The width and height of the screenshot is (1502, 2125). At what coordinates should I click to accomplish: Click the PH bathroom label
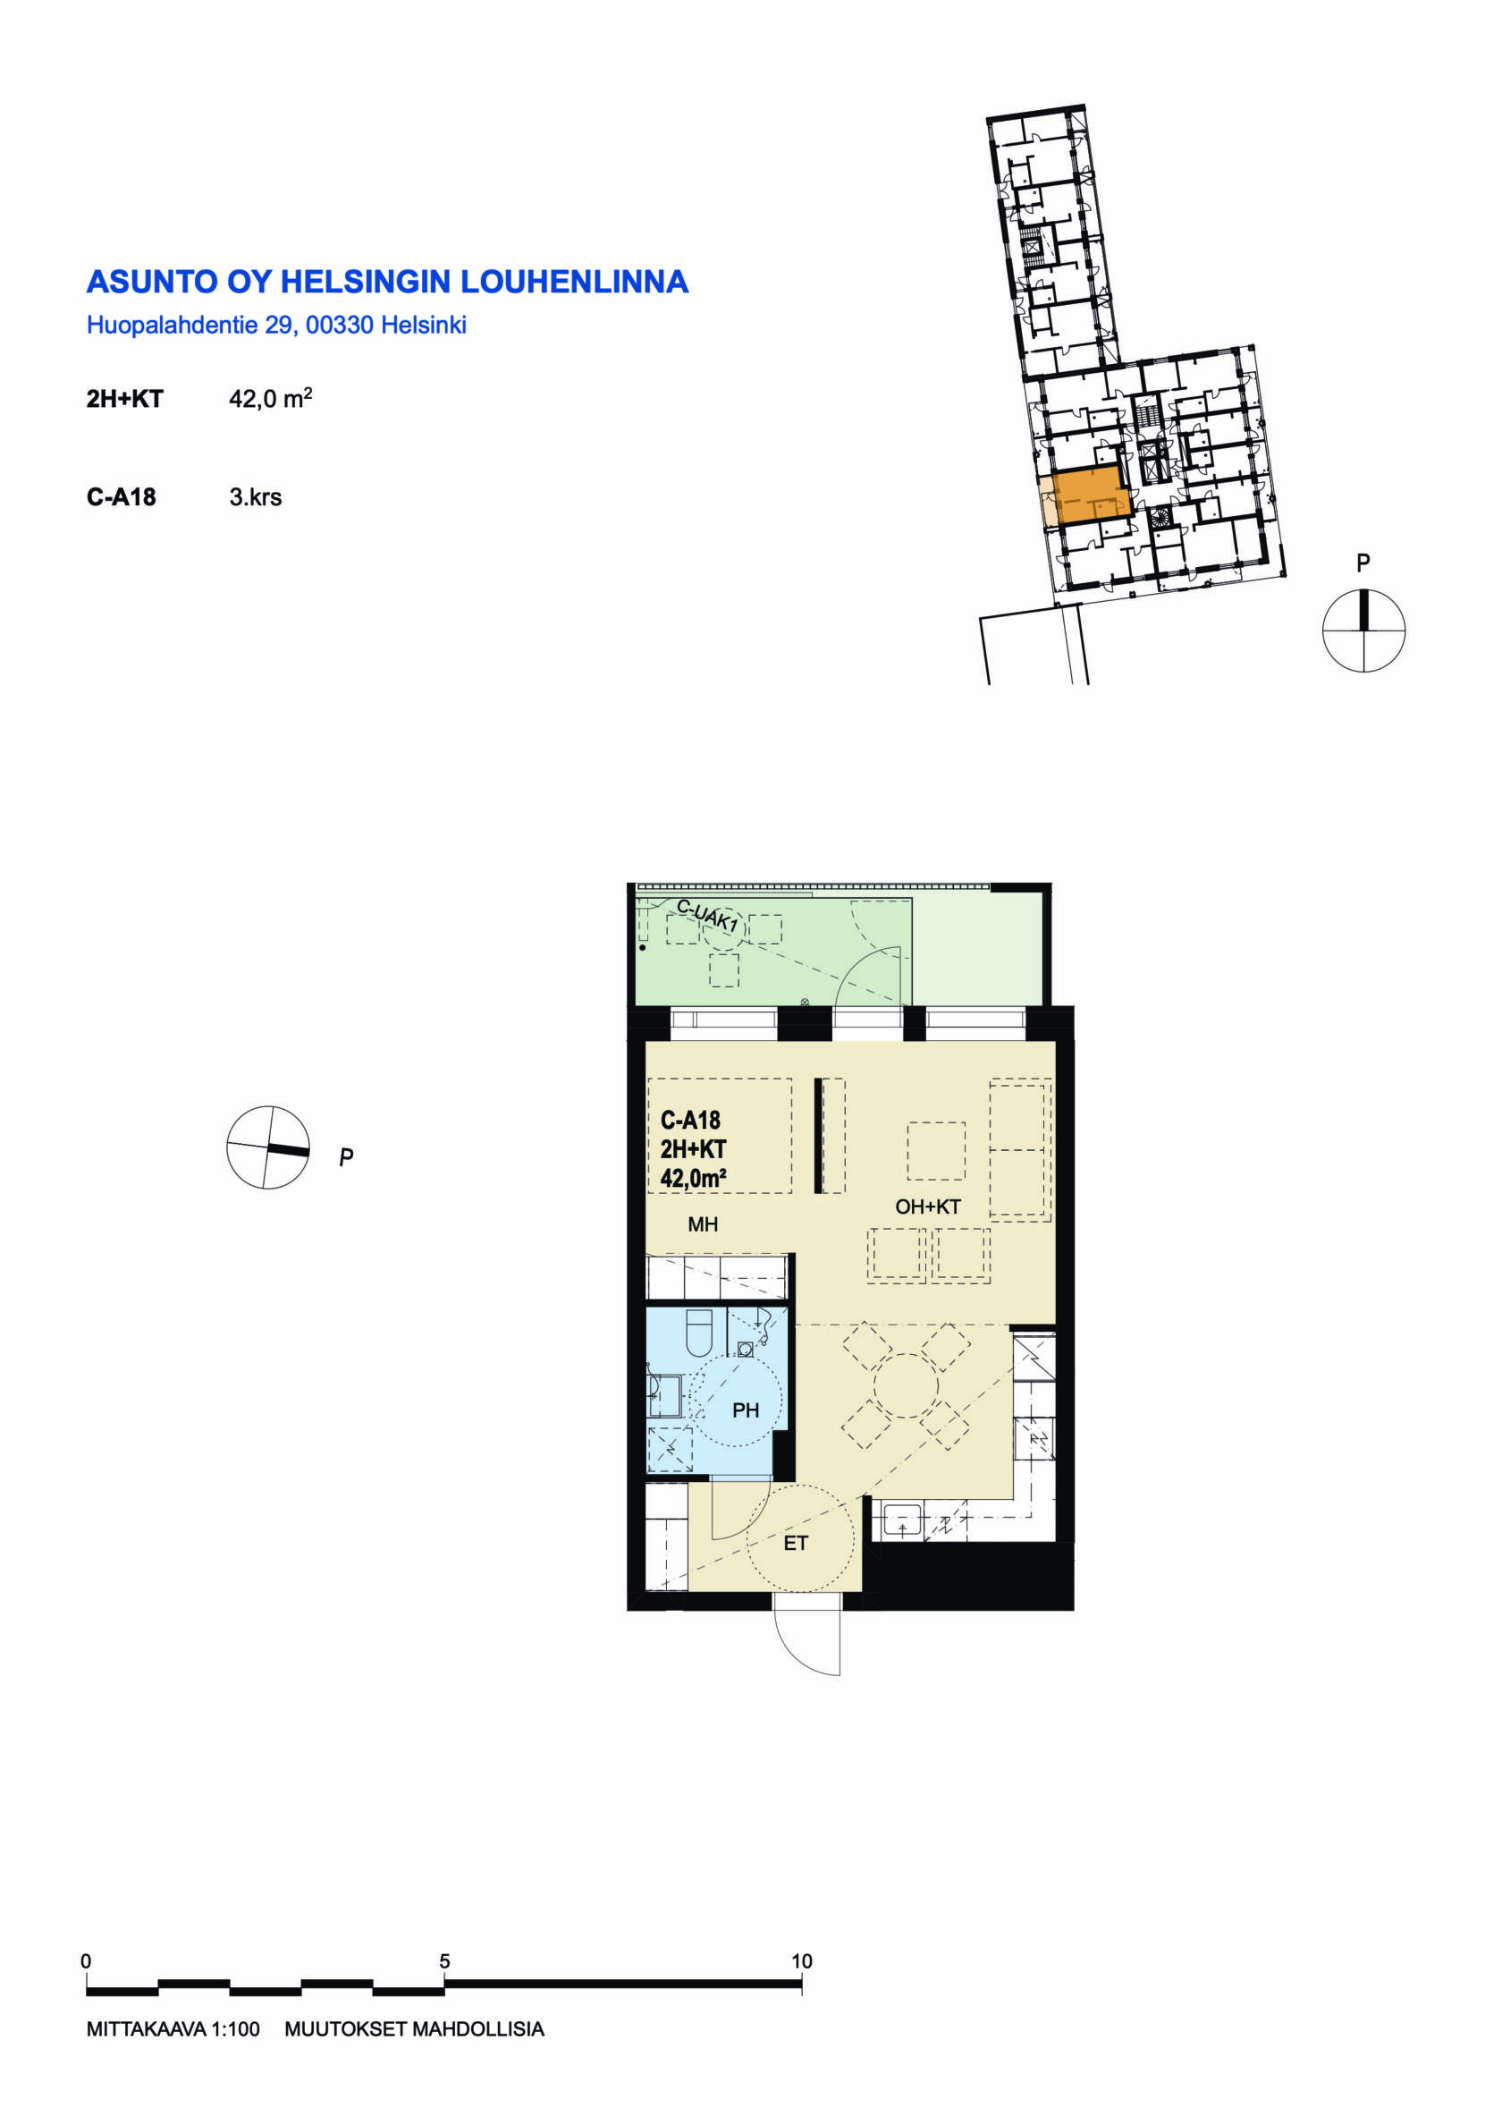[745, 1410]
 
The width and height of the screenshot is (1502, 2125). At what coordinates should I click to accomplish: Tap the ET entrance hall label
[796, 1543]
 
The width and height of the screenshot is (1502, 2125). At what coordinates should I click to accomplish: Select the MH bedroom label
[703, 1224]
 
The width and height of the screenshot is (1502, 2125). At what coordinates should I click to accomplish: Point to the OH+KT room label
[927, 1206]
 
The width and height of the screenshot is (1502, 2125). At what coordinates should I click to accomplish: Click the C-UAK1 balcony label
[707, 915]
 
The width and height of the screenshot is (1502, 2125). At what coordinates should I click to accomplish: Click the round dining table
[905, 1385]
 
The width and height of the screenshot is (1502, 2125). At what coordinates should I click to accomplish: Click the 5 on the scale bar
[444, 1961]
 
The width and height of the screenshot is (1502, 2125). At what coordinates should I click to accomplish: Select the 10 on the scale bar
[801, 1961]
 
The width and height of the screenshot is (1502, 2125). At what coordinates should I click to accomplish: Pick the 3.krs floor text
[256, 497]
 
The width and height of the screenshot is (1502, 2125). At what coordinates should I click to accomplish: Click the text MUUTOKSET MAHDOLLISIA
[414, 2029]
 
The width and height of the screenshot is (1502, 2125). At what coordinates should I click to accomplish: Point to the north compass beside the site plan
[1363, 631]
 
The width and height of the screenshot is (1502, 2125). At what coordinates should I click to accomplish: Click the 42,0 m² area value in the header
[270, 398]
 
